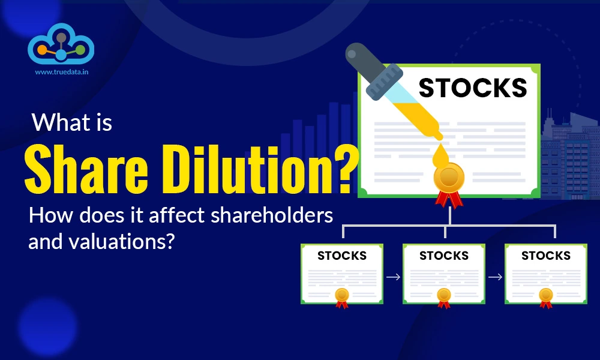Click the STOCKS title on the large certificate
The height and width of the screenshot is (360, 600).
coord(473,88)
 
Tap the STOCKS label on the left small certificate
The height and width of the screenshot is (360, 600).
coord(342,256)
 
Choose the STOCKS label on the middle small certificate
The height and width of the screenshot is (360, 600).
coord(444,256)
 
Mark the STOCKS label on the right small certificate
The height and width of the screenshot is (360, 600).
coord(546,256)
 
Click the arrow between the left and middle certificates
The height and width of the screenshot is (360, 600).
coord(393,277)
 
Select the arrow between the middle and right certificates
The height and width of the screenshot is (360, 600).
coord(495,277)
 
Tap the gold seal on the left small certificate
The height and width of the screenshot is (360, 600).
coord(342,295)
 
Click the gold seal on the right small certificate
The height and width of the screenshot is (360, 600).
coord(546,295)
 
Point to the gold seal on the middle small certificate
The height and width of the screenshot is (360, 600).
coord(444,295)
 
